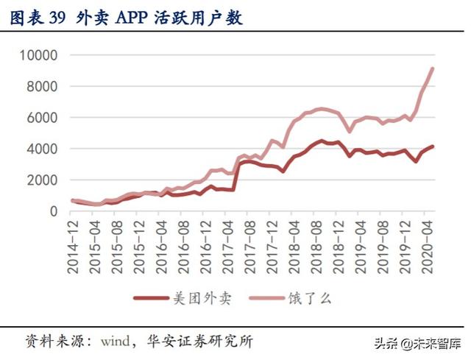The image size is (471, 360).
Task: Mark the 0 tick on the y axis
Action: tap(53, 211)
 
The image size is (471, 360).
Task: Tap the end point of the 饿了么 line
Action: tap(433, 68)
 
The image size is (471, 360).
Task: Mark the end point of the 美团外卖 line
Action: tap(433, 147)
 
